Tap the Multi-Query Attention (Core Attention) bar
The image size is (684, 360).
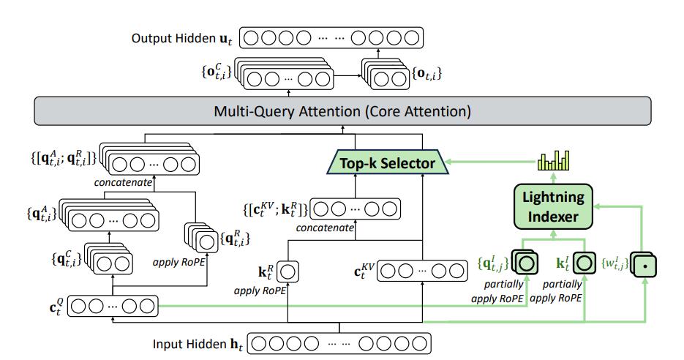pos(342,112)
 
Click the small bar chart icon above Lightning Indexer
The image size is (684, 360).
pos(553,161)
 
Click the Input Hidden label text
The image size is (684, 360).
pos(198,342)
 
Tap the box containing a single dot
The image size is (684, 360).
pos(644,265)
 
